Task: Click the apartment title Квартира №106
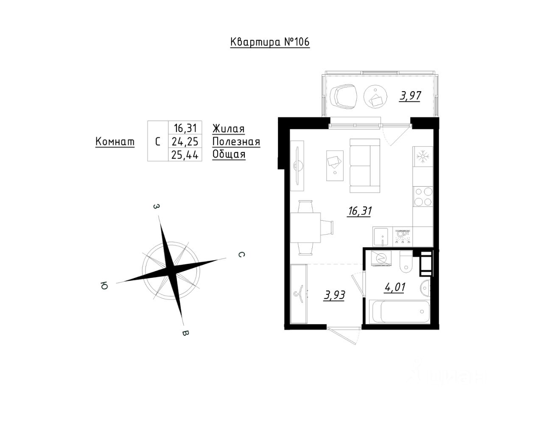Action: [x=270, y=42]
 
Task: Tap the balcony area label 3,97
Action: [x=410, y=96]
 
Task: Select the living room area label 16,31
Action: [x=359, y=211]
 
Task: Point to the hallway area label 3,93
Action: [x=334, y=295]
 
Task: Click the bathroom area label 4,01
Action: [x=395, y=287]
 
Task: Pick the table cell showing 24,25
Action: [x=185, y=142]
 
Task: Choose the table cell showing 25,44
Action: [x=185, y=155]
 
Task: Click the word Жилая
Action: [x=229, y=129]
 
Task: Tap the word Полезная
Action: [x=236, y=142]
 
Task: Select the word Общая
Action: [x=229, y=154]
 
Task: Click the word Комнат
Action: [x=115, y=141]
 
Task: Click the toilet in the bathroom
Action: [x=406, y=262]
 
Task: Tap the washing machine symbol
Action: [x=381, y=258]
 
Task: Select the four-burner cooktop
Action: [x=423, y=197]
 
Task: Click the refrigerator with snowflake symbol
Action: [x=423, y=157]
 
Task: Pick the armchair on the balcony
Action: [x=344, y=96]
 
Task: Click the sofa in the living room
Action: [x=364, y=165]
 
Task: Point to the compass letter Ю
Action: [x=104, y=286]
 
